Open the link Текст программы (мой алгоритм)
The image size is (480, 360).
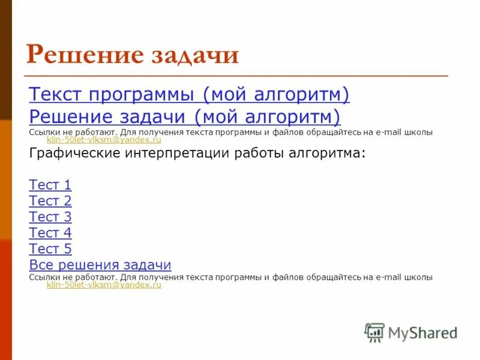189,94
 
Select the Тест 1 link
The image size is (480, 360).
50,185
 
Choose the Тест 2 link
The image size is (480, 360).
50,201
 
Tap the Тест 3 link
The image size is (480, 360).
50,217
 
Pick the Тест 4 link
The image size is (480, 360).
50,233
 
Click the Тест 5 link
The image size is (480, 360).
50,248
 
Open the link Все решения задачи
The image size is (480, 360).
100,265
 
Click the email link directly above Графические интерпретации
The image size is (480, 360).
104,140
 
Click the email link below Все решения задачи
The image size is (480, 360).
104,286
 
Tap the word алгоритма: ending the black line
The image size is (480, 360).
330,154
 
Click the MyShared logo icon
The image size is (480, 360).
374,332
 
